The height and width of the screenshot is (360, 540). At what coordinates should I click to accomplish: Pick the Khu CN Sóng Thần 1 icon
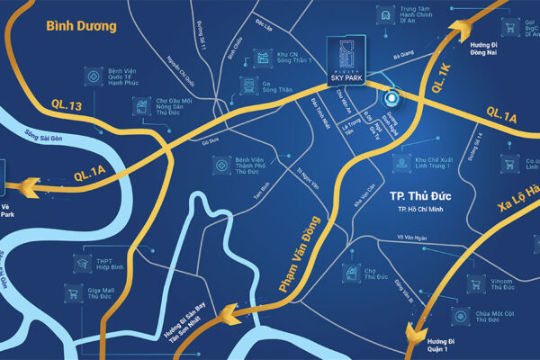[264, 58]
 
